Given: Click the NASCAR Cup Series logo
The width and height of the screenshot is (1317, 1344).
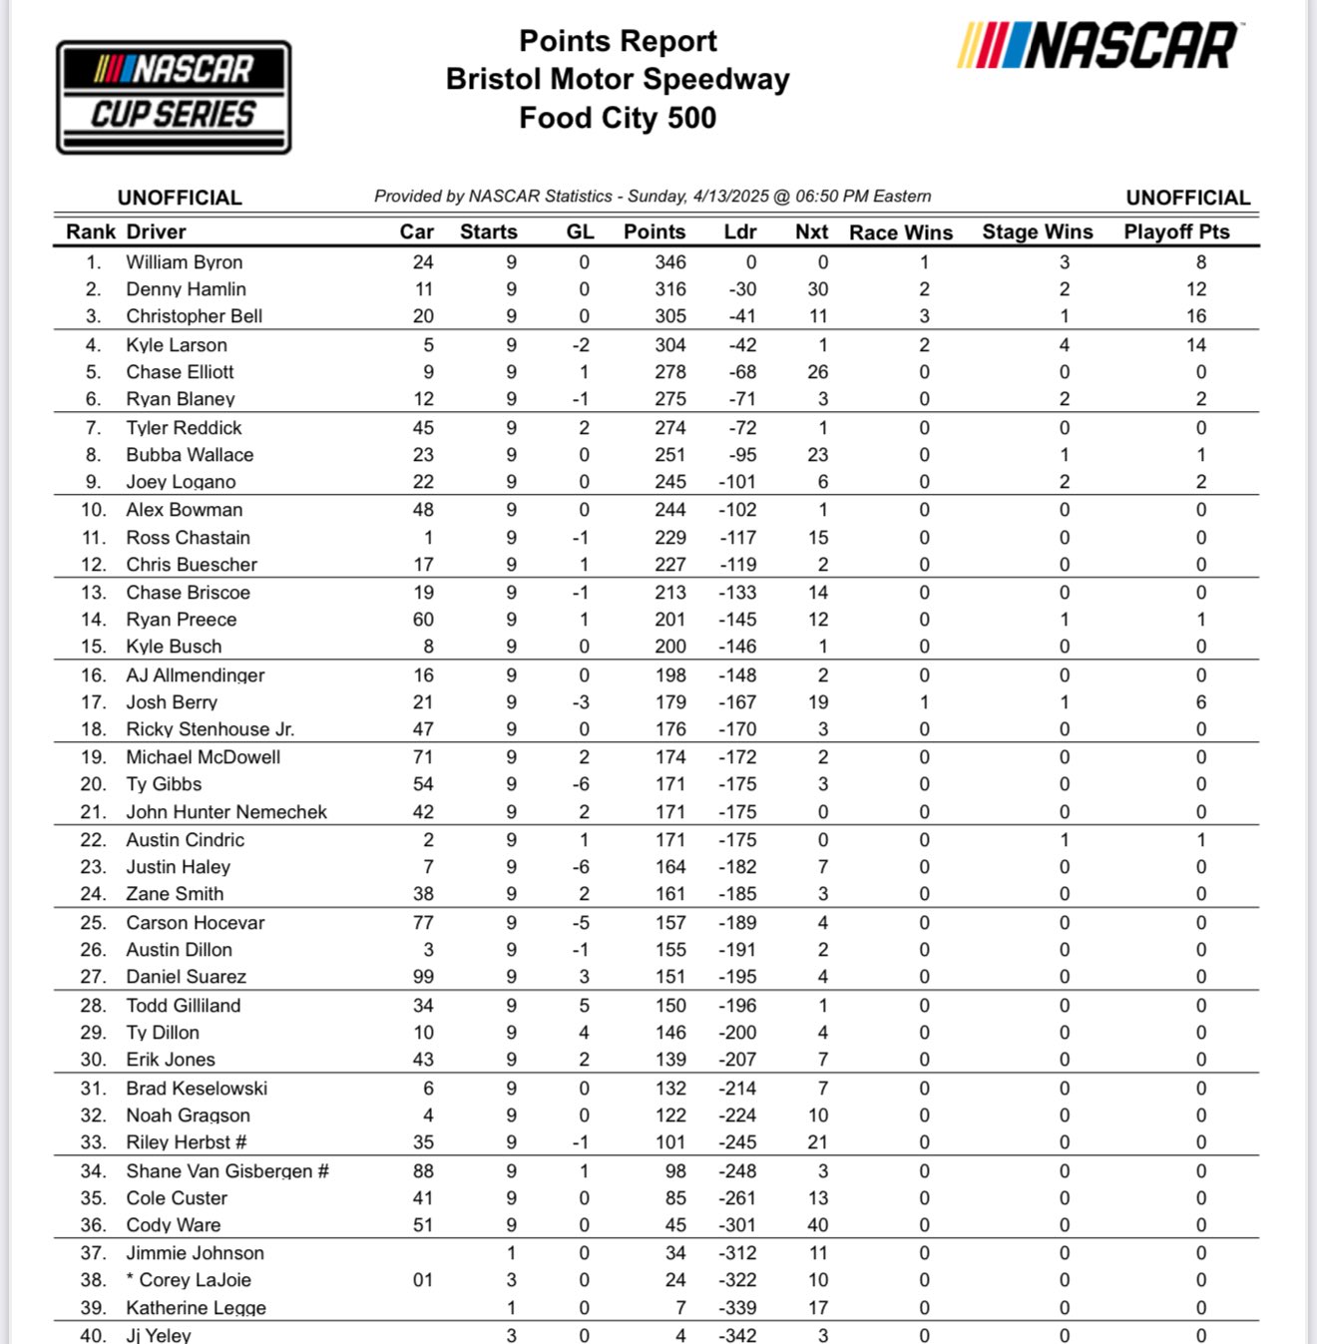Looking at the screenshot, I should pos(174,97).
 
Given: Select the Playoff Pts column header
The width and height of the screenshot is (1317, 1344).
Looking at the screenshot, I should pos(1176,231).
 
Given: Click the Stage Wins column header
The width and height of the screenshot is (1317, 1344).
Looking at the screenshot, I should pos(1037,231).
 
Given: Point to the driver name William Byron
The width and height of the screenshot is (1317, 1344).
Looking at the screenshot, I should pos(184,262).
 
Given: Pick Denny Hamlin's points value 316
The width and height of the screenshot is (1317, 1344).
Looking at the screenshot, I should pos(669,289).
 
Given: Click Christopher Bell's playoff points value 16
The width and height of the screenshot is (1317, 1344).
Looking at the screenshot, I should pos(1195,316).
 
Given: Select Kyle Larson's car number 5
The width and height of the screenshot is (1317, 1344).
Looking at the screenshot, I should pos(428,345).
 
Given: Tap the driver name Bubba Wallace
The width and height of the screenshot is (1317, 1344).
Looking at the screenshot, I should pos(190,455).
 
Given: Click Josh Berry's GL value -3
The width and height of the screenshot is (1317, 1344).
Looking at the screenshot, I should pos(581,702).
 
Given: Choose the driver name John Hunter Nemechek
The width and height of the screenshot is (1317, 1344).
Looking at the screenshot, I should pos(226,812).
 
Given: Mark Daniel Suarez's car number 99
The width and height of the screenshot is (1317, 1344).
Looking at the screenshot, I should pos(423,977).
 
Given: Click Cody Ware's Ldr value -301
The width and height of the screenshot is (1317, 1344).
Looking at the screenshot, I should pos(737,1225).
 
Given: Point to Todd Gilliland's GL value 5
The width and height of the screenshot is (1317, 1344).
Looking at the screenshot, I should pos(584,1006).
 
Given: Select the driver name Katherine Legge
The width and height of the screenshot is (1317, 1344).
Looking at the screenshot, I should pos(196,1308).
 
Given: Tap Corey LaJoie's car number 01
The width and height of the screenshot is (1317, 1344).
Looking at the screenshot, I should pos(423,1280).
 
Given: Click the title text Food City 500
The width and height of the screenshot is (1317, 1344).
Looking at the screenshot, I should pos(618,118).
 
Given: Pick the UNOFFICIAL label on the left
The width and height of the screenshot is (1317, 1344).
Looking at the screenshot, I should pos(180,198).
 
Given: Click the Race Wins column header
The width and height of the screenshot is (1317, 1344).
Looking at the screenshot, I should pos(901,232).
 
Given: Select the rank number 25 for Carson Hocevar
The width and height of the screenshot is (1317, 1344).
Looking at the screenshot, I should pos(93,923).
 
